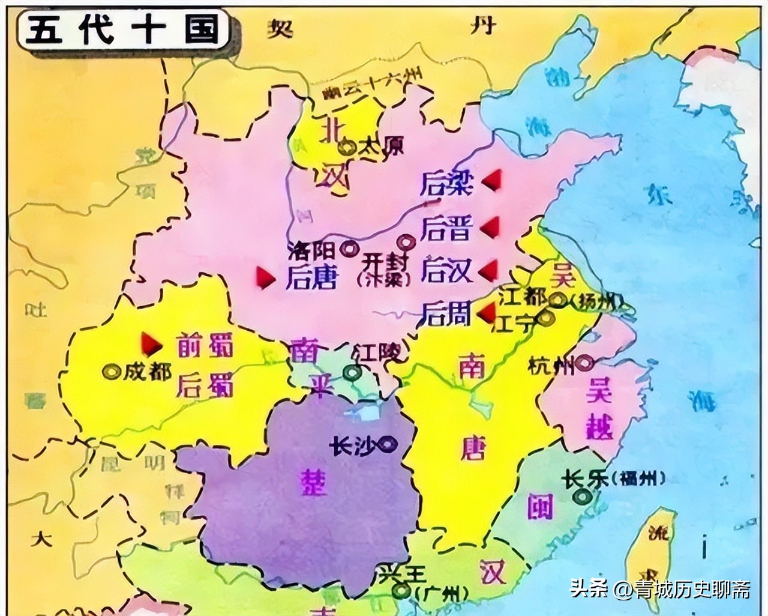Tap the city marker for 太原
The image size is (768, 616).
[346, 145]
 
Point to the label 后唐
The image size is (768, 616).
[311, 277]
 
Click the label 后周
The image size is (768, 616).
[446, 313]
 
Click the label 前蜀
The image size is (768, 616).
[204, 346]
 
